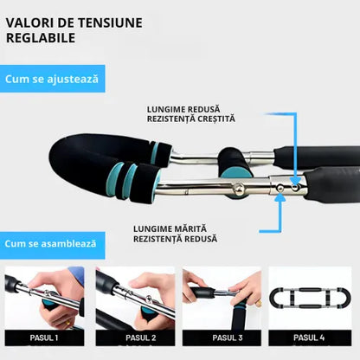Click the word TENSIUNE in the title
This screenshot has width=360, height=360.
pyautogui.click(x=110, y=23)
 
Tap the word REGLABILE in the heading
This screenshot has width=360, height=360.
pyautogui.click(x=41, y=38)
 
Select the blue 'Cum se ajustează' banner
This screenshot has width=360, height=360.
pyautogui.click(x=52, y=79)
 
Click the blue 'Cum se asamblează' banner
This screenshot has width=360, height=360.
pyautogui.click(x=52, y=244)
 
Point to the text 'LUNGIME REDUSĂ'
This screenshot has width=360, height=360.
pyautogui.click(x=183, y=110)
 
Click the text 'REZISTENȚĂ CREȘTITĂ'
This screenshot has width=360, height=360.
pyautogui.click(x=191, y=119)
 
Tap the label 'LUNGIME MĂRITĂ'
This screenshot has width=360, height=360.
pyautogui.click(x=170, y=229)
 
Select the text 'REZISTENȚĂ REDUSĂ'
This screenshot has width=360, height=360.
pyautogui.click(x=175, y=239)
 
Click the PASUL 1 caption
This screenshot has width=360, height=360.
pyautogui.click(x=44, y=337)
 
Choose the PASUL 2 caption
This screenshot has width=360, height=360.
pyautogui.click(x=141, y=337)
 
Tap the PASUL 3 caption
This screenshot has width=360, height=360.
pyautogui.click(x=228, y=337)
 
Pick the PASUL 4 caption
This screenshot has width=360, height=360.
pyautogui.click(x=309, y=337)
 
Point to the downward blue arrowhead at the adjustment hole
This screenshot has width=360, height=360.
pyautogui.click(x=294, y=181)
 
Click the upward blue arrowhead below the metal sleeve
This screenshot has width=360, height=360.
pyautogui.click(x=280, y=196)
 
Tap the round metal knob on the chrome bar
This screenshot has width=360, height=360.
pyautogui.click(x=239, y=189)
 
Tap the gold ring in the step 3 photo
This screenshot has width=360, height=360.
pyautogui.click(x=259, y=303)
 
